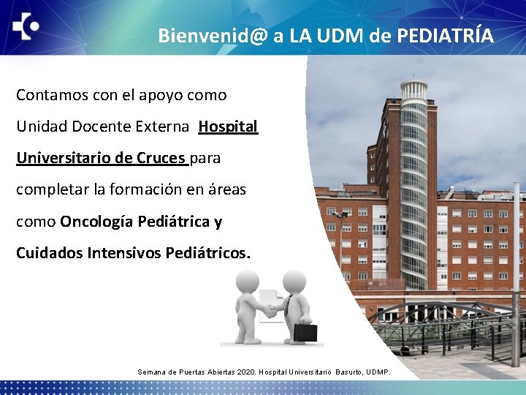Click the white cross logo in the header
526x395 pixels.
(26, 27)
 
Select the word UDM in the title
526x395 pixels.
(340, 35)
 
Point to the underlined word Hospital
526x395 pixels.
(228, 127)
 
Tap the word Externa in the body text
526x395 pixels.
(165, 127)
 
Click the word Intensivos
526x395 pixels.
(124, 253)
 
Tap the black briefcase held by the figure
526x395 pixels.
(305, 333)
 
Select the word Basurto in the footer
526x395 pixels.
(349, 372)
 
